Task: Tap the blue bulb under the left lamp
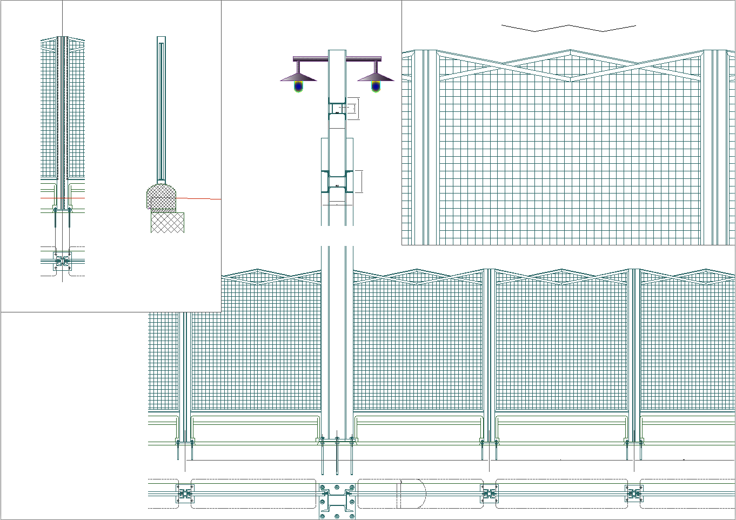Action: [299, 86]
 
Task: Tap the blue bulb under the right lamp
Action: [376, 86]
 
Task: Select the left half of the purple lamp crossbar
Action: [311, 58]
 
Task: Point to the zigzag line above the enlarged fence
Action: [568, 28]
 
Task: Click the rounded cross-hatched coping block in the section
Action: [162, 196]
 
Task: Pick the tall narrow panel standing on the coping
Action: [161, 108]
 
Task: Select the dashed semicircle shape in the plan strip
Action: [413, 493]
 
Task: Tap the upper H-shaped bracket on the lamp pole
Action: [337, 109]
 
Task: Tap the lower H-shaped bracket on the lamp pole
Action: [337, 182]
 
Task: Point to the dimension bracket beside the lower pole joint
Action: [359, 182]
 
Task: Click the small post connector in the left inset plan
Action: [63, 261]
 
